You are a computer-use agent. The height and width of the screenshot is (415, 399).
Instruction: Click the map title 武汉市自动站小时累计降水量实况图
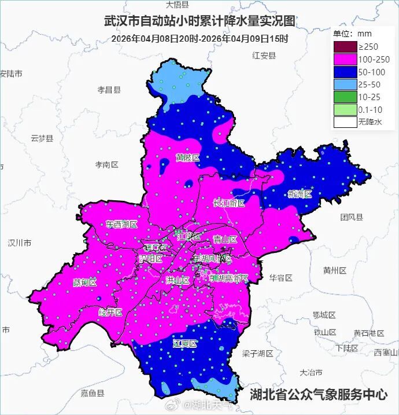coord(199,21)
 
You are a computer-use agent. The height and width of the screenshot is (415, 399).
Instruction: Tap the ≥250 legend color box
coord(345,46)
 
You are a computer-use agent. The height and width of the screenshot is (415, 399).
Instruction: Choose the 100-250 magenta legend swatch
coord(345,59)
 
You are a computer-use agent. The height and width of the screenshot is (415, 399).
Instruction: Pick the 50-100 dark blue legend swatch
coord(345,72)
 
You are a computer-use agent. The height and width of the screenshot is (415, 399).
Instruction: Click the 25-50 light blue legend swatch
coord(345,85)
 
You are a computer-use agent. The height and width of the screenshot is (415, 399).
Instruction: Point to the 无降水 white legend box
coord(345,122)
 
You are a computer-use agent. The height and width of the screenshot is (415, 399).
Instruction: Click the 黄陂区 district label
coord(188,157)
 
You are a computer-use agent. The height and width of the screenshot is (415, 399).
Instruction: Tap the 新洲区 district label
coord(300,194)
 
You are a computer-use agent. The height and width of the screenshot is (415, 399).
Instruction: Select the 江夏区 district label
coord(185,343)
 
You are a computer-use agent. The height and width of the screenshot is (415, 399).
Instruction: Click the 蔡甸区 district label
coord(85,282)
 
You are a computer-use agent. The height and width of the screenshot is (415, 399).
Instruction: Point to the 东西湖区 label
coord(122,224)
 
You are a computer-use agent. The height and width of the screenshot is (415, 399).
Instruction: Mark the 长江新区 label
coord(229,203)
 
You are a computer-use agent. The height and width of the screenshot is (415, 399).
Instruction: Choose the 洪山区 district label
coord(178,280)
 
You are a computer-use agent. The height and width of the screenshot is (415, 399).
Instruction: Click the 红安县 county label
coord(264,56)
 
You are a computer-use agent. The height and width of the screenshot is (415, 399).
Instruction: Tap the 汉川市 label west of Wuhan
coord(20,243)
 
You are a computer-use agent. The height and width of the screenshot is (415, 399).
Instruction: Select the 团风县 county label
coord(351,217)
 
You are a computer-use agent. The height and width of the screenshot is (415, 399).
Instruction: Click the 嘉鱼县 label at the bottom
coord(93,393)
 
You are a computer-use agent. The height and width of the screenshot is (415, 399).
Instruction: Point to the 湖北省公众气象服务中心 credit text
coord(318,395)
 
